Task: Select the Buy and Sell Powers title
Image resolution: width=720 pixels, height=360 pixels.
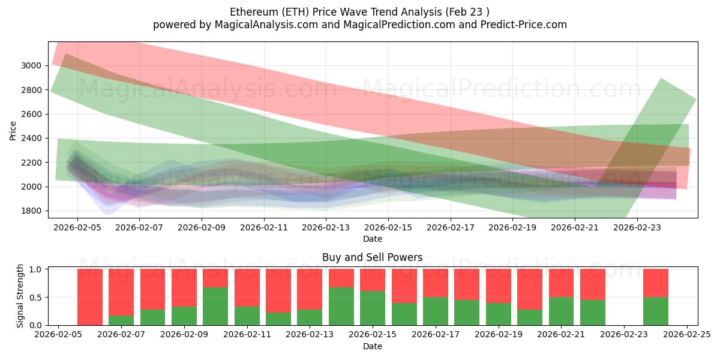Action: point(372,257)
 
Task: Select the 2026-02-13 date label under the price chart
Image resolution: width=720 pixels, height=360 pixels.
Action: point(326,227)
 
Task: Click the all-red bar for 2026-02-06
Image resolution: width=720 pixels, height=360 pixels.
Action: point(90,297)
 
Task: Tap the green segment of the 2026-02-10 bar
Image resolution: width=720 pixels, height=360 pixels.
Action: point(215,306)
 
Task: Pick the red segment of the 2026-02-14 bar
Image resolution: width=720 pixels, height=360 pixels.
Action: point(341,278)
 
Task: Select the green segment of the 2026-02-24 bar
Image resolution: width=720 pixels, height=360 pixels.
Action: point(656,311)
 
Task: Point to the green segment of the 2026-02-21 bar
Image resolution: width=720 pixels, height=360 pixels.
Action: point(562,311)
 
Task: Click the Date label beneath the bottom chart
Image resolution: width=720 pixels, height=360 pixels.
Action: point(372,346)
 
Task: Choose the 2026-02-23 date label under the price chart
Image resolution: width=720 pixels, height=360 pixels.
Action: point(637,227)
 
